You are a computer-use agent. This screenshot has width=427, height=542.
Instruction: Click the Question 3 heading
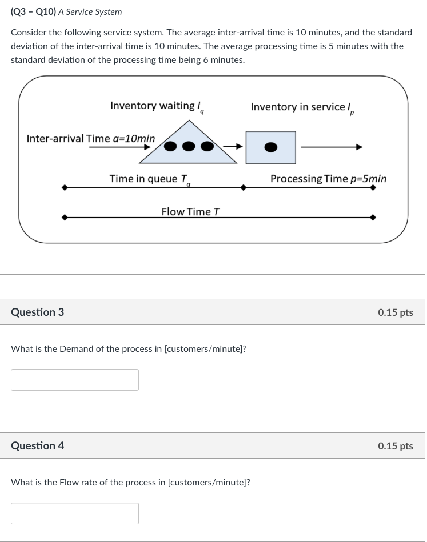(x=38, y=312)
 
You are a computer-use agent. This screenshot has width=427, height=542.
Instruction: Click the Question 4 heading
(x=38, y=446)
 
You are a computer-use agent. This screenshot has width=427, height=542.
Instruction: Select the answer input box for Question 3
(x=75, y=380)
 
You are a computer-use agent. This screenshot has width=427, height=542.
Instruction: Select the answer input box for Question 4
(x=75, y=513)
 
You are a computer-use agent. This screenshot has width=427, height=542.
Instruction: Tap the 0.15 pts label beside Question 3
(x=395, y=312)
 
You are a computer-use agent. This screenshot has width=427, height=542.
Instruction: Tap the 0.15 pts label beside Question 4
(x=395, y=446)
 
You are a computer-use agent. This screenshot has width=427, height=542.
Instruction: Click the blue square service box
(x=270, y=147)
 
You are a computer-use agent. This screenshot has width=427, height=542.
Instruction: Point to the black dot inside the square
(x=270, y=147)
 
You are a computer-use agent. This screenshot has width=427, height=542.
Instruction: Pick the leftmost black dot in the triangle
(x=171, y=147)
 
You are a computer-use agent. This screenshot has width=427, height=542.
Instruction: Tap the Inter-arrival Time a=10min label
(x=91, y=139)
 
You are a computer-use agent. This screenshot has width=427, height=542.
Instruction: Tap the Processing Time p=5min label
(x=328, y=179)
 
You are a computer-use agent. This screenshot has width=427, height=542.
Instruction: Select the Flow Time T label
(x=190, y=212)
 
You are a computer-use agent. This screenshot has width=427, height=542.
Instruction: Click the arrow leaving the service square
(x=332, y=147)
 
